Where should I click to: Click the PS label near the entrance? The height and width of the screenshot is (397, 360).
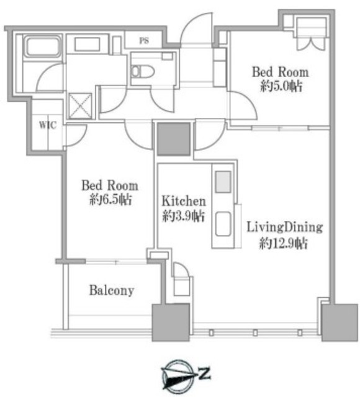pyautogui.click(x=144, y=40)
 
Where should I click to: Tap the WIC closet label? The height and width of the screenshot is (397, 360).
pyautogui.click(x=48, y=125)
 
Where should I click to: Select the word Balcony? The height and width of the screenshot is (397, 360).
pyautogui.click(x=112, y=290)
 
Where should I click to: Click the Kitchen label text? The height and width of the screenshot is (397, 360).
pyautogui.click(x=184, y=201)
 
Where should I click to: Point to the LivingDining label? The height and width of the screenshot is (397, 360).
pyautogui.click(x=285, y=227)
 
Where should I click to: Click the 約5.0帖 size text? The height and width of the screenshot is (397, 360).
pyautogui.click(x=281, y=87)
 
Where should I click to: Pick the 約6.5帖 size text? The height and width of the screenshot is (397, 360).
pyautogui.click(x=110, y=200)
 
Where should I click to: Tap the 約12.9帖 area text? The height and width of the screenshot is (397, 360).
pyautogui.click(x=283, y=244)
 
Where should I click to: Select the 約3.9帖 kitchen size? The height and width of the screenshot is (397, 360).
pyautogui.click(x=184, y=216)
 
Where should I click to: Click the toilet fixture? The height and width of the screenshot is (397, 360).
pyautogui.click(x=143, y=71)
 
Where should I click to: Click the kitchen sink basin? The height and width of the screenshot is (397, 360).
pyautogui.click(x=223, y=224)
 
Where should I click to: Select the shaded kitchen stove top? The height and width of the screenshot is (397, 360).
pyautogui.click(x=223, y=182)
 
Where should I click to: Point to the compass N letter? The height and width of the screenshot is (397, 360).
pyautogui.click(x=204, y=373)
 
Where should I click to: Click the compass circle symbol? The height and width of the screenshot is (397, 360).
pyautogui.click(x=178, y=375)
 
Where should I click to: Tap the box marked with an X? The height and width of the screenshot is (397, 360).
pyautogui.click(x=80, y=106)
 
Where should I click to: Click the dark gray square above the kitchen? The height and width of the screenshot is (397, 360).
pyautogui.click(x=174, y=139)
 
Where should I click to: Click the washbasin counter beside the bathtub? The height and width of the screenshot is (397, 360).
pyautogui.click(x=87, y=44)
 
